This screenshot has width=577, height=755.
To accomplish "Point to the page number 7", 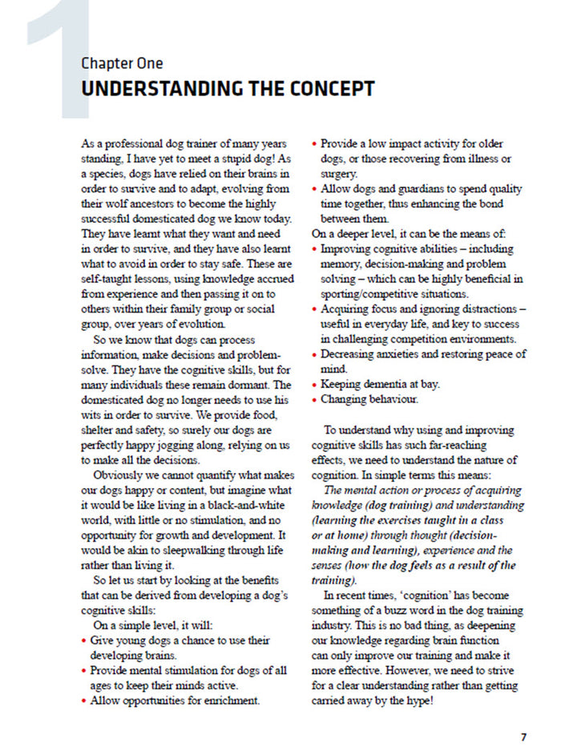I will pyautogui.click(x=523, y=736).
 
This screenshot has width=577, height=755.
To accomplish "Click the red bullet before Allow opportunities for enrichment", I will pyautogui.click(x=85, y=700).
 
